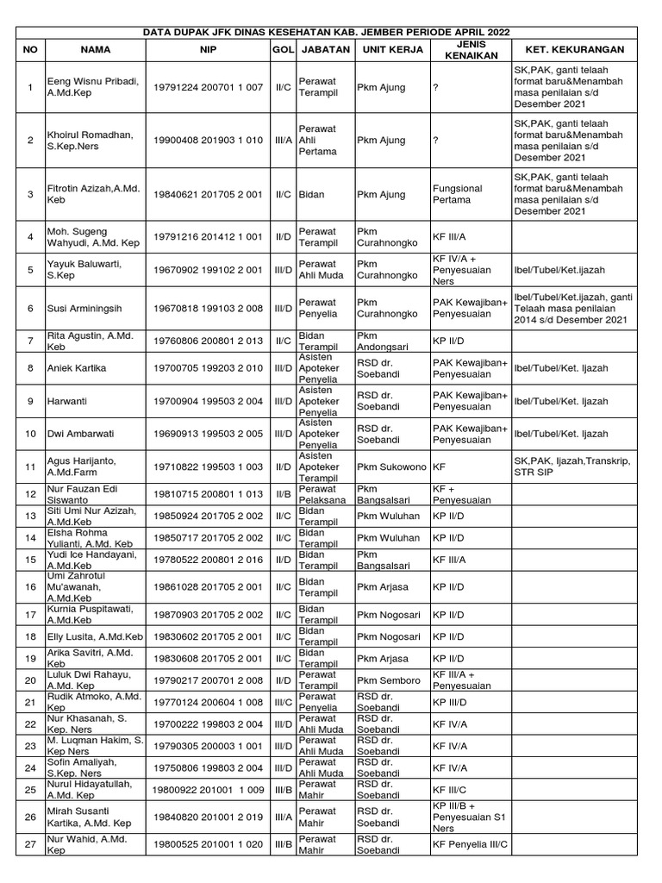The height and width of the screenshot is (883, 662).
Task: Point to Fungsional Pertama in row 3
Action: point(458,194)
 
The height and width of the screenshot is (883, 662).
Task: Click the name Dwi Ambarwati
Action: point(81,434)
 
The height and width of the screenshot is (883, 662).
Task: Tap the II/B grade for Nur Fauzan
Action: point(282,494)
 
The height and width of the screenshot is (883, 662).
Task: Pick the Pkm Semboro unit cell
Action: point(390,680)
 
